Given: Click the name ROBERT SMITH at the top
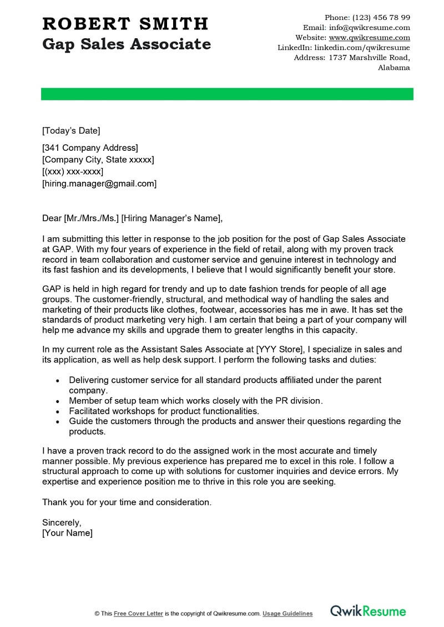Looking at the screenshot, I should (x=125, y=24).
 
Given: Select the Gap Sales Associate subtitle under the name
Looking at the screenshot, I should (x=127, y=44).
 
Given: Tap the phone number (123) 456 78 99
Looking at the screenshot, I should (x=381, y=17).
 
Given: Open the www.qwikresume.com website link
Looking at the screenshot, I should (x=369, y=38).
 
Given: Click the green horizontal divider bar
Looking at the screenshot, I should (x=227, y=94).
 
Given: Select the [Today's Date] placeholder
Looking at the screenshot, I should (x=71, y=131).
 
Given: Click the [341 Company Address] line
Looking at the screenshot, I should (x=90, y=147).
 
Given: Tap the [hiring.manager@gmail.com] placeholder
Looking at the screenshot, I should (x=99, y=183).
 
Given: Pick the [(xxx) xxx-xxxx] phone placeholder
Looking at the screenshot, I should (x=73, y=171).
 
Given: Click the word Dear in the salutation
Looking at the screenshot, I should (x=52, y=218).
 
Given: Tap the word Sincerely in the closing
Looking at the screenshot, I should (x=62, y=522).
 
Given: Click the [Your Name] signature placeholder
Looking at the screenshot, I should (x=67, y=533).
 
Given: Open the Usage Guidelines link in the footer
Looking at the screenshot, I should (x=287, y=614).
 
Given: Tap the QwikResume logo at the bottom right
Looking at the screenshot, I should (x=368, y=611).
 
